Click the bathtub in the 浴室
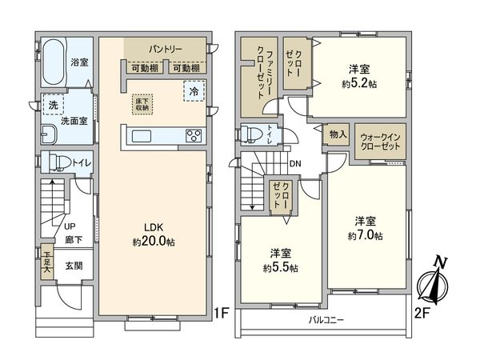tap(54, 61)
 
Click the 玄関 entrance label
tap(73, 266)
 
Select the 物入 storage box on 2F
tap(338, 135)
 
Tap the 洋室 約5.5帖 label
tap(282, 262)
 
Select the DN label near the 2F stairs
tap(295, 165)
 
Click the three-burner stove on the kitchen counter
tap(194, 134)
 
